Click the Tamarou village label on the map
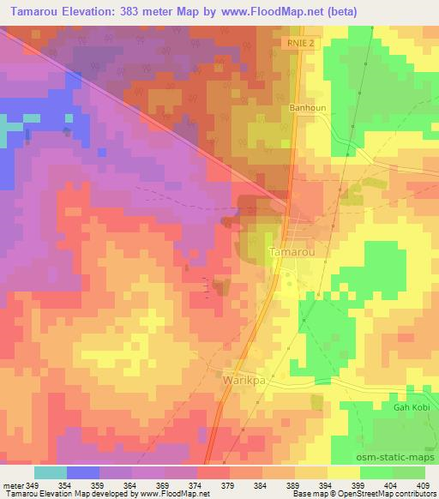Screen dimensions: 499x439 (x=294, y=253)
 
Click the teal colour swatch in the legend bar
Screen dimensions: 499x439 (x=51, y=472)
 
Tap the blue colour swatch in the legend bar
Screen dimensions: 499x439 (x=82, y=472)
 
